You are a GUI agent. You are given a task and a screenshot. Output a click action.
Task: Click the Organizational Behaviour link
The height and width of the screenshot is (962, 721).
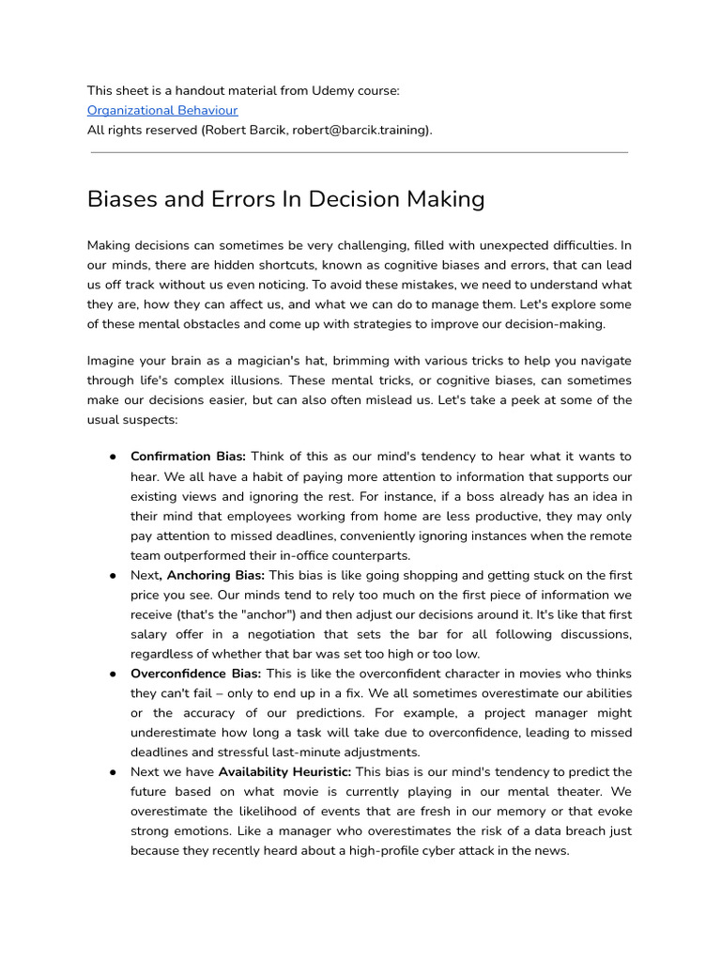(162, 110)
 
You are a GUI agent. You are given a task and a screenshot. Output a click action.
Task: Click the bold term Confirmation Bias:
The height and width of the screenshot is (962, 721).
(188, 457)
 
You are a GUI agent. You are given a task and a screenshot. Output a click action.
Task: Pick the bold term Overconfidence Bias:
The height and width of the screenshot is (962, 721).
(196, 674)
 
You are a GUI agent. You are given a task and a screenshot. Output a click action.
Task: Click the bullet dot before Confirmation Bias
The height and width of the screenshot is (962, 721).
(112, 457)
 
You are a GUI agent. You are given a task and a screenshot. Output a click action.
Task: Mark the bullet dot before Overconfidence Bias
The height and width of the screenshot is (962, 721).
(112, 674)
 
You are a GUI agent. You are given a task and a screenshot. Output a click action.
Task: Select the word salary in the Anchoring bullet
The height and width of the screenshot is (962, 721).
(150, 634)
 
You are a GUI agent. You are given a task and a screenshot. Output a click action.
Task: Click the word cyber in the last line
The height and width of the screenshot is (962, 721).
(456, 850)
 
